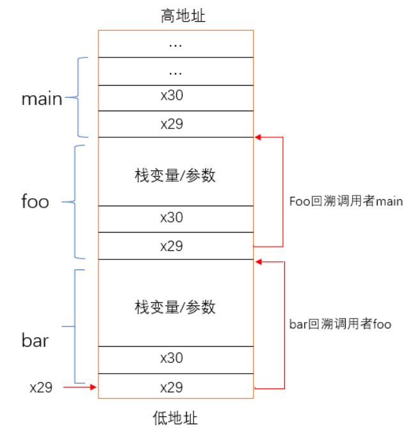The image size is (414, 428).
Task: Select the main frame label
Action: click(x=42, y=99)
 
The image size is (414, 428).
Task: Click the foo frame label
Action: click(x=35, y=202)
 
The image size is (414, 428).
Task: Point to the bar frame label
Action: click(x=35, y=340)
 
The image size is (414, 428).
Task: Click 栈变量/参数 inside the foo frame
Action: click(x=175, y=173)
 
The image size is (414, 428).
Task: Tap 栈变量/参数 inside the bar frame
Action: click(x=175, y=307)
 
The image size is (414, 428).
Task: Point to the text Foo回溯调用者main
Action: click(x=346, y=202)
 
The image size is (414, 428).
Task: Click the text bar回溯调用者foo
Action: click(x=340, y=325)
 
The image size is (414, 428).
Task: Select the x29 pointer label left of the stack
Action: click(x=41, y=387)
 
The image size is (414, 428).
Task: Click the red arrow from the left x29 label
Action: click(x=80, y=387)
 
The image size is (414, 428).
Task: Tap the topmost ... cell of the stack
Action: click(x=175, y=45)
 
